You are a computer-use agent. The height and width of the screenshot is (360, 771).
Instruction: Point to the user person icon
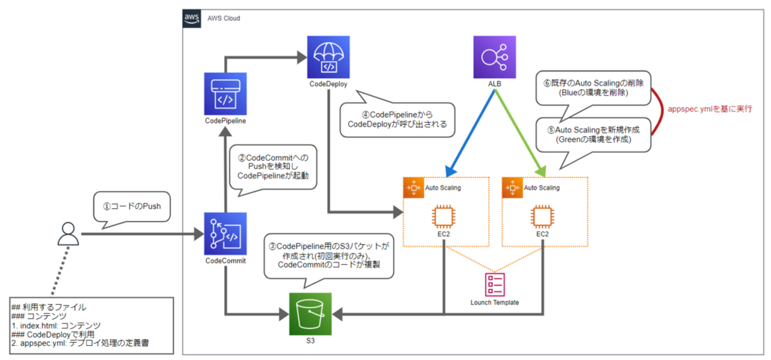[68, 234]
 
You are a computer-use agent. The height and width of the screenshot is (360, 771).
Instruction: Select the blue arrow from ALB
[468, 131]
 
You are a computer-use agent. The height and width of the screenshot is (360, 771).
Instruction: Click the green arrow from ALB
[521, 131]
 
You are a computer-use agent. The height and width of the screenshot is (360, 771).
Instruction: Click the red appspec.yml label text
[710, 110]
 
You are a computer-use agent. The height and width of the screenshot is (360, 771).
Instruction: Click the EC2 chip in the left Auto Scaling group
[443, 217]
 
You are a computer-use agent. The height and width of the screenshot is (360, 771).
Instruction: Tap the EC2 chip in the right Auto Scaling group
[542, 217]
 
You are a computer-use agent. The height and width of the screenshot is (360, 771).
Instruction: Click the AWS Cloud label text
[223, 18]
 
